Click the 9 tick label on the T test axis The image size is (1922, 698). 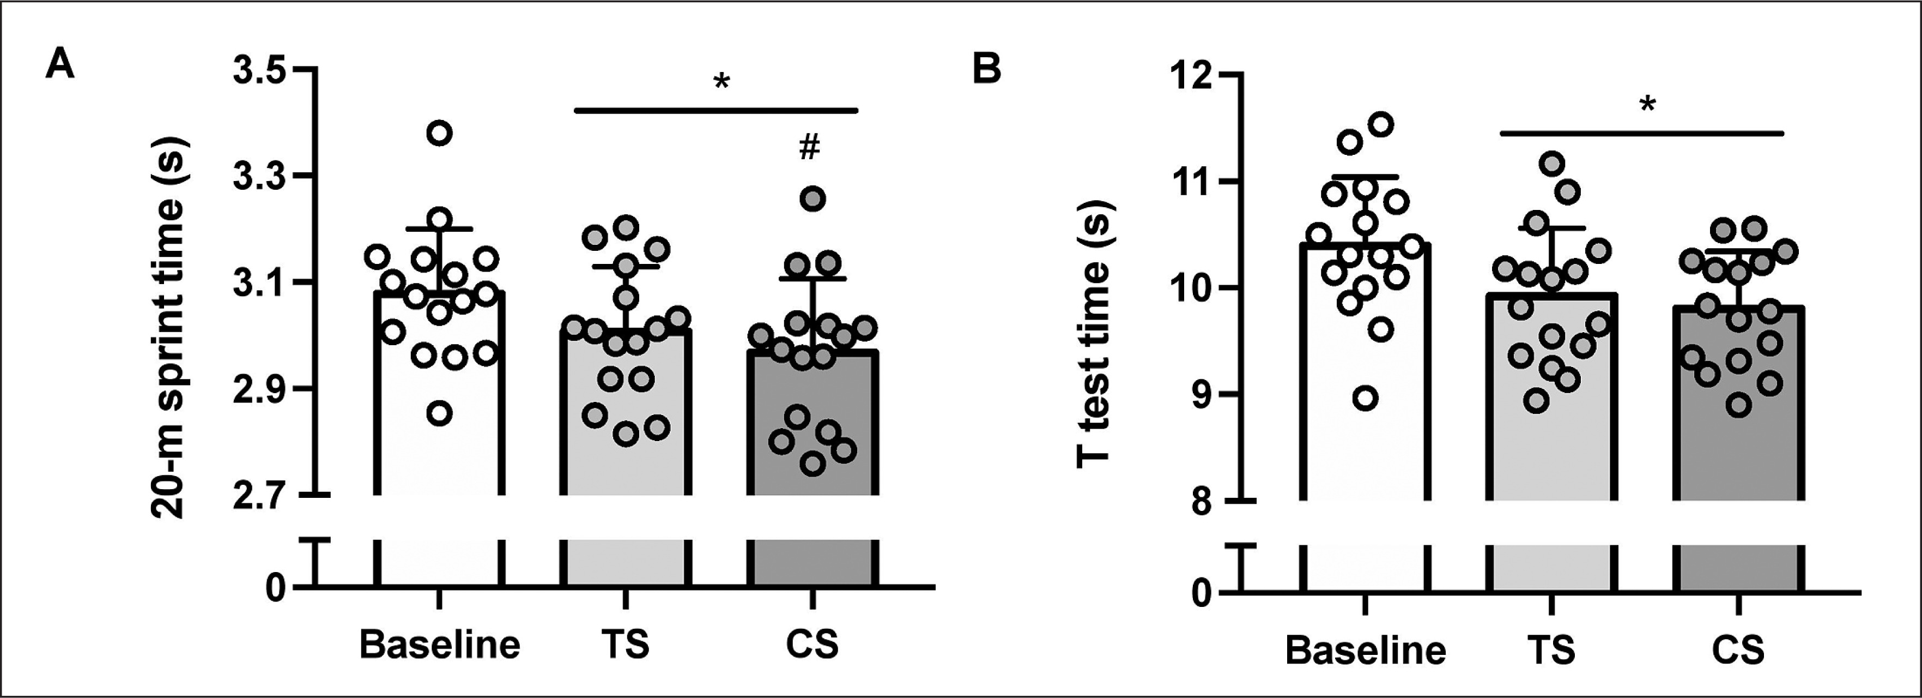pos(1201,394)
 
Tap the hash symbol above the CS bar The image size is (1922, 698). pos(809,148)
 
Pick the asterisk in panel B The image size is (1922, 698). pos(1647,105)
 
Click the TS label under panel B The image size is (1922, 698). pos(1551,650)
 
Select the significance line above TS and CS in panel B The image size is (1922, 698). pos(1641,134)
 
